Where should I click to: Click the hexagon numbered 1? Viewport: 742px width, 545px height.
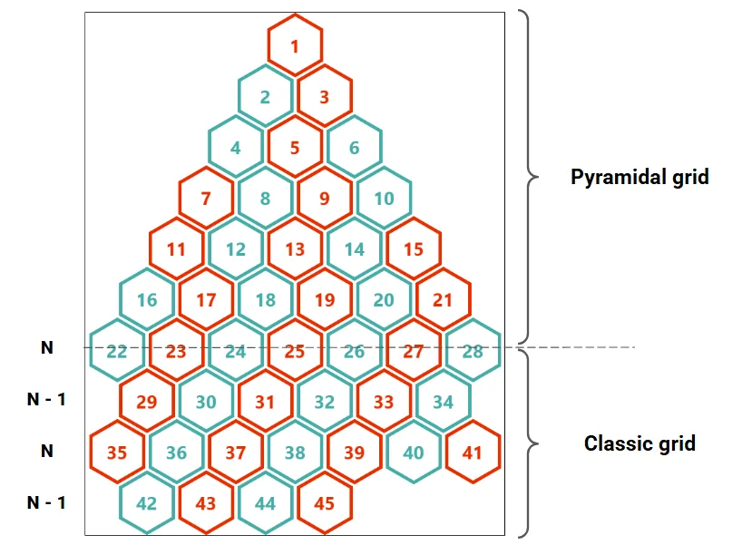tap(295, 45)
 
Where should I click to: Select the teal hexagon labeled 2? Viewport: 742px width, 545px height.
tap(265, 96)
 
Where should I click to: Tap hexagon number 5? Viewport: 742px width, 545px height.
tap(295, 147)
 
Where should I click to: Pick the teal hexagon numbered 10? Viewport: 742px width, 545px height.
tap(384, 198)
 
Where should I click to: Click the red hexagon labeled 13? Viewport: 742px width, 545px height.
tap(295, 248)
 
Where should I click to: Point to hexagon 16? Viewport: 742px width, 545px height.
tap(147, 299)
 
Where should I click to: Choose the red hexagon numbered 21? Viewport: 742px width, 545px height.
tap(443, 299)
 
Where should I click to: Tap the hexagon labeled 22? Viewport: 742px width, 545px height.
tap(117, 350)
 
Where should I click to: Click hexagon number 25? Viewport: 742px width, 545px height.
tap(295, 350)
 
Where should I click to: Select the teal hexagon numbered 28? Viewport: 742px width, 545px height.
tap(473, 350)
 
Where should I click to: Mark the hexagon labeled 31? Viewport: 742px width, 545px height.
tap(265, 400)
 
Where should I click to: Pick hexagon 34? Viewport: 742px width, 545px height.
tap(443, 400)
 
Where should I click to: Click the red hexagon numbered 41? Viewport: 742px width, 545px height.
tap(473, 451)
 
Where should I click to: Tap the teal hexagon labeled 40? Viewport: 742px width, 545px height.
tap(414, 451)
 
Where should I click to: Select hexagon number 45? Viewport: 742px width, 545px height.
tap(324, 501)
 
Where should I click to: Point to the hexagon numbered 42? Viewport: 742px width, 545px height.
tap(147, 501)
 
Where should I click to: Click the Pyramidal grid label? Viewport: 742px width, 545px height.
tap(639, 177)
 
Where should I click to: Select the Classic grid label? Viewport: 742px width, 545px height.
tap(639, 443)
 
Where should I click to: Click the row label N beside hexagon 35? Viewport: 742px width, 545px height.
tap(46, 451)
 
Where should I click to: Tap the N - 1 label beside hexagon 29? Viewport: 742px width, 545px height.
tap(46, 399)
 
